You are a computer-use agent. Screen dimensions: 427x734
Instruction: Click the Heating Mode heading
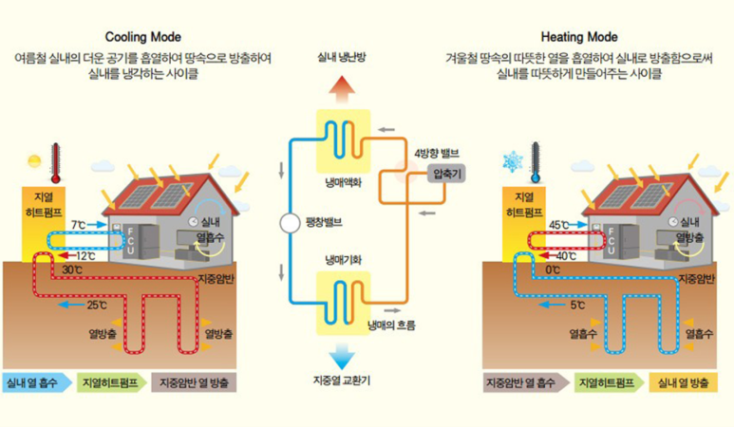(579, 37)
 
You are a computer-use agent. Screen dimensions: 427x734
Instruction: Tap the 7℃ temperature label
(79, 225)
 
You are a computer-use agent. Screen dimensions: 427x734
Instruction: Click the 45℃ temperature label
(559, 225)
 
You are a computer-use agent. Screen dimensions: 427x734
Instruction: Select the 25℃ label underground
(97, 306)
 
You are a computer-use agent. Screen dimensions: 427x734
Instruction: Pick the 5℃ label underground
(577, 306)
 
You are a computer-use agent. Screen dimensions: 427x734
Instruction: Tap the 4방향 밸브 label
(436, 153)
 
